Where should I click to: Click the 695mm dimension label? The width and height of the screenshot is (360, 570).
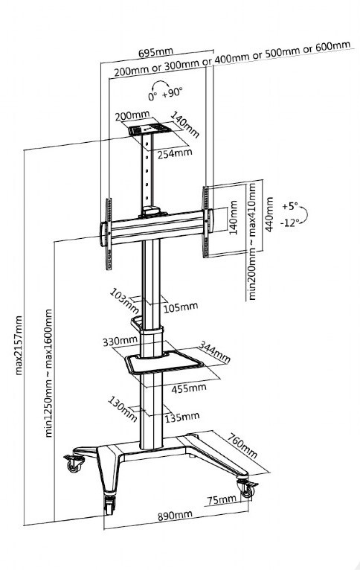155,52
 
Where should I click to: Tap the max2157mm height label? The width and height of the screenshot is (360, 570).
19,345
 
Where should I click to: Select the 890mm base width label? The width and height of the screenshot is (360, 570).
175,515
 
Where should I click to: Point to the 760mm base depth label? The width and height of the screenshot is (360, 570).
242,445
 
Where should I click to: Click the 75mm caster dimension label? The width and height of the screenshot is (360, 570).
221,499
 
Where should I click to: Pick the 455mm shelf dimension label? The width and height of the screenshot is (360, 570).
189,388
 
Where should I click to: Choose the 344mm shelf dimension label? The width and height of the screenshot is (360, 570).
215,351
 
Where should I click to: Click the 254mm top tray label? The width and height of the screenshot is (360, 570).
175,153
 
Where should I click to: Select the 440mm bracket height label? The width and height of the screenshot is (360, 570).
269,214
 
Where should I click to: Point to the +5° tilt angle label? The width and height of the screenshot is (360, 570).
289,206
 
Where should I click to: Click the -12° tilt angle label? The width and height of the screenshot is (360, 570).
289,222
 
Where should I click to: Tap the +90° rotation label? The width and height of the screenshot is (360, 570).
172,93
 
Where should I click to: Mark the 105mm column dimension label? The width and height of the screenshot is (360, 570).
181,307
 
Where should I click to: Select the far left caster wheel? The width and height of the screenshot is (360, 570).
74,464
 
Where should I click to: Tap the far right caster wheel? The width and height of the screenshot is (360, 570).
247,489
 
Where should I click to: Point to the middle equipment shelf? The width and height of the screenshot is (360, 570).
164,362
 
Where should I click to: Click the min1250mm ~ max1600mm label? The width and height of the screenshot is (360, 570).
48,374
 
